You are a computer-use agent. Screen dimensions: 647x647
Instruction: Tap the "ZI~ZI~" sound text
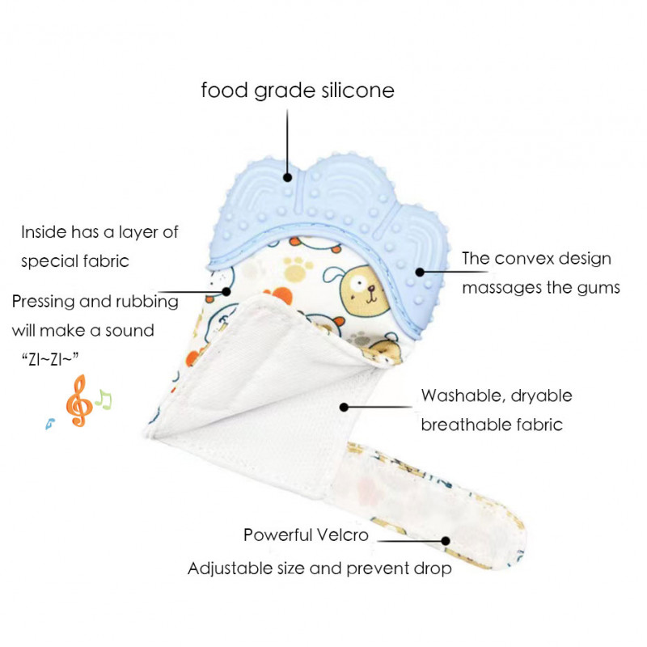(x=54, y=358)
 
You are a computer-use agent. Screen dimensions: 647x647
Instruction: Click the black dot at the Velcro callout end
(x=446, y=540)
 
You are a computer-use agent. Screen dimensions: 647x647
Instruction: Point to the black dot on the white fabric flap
(x=345, y=408)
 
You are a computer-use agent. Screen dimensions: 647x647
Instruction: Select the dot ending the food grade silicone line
(x=287, y=177)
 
